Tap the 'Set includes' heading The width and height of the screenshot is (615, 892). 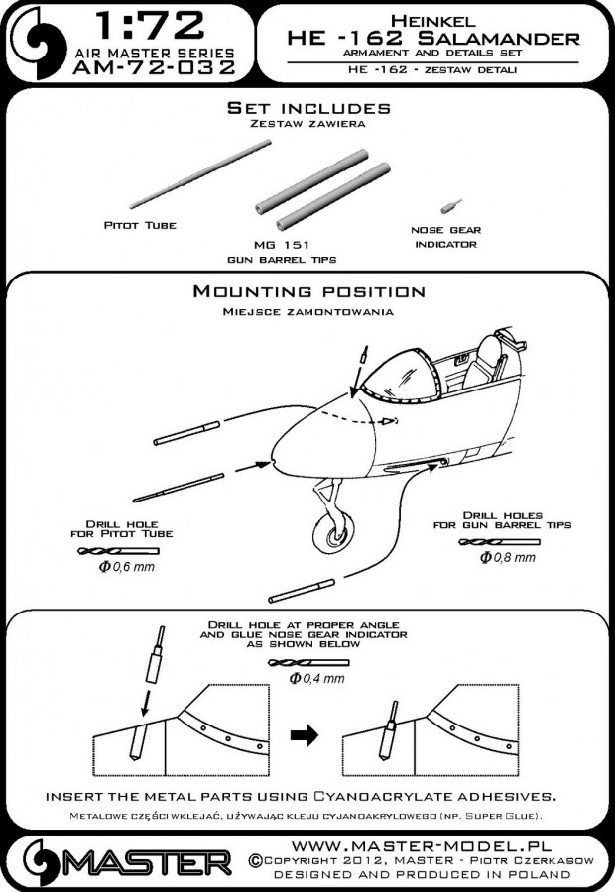click(x=307, y=107)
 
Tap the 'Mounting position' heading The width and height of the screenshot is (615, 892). click(x=308, y=292)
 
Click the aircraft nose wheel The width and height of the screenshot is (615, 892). click(x=337, y=535)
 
